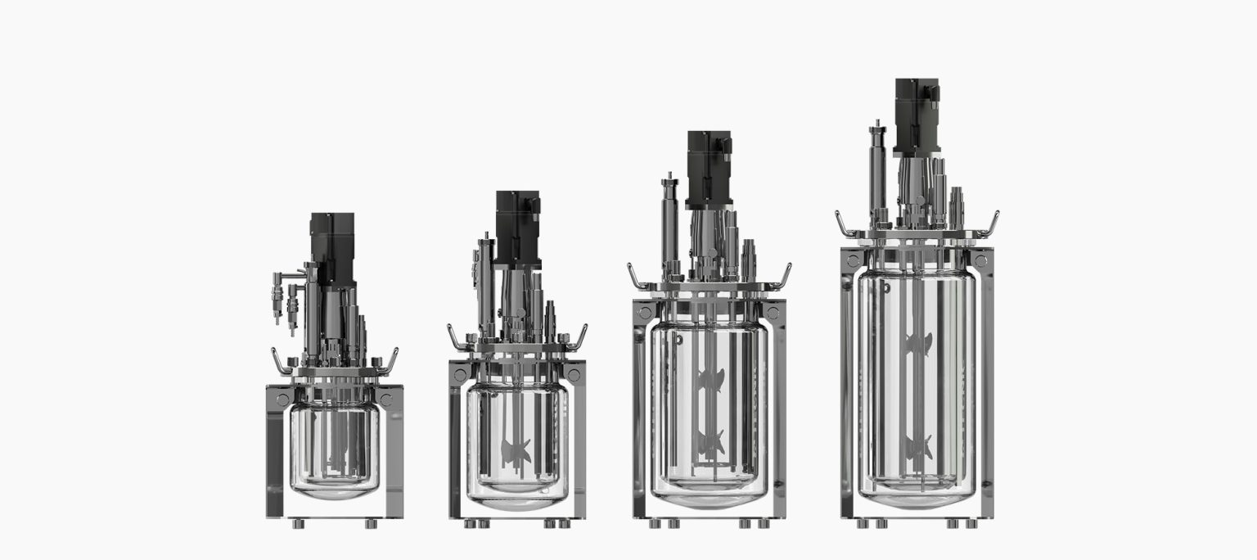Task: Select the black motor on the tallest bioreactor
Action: point(916,115)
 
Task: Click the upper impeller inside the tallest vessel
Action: point(918,344)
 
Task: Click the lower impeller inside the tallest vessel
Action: point(918,447)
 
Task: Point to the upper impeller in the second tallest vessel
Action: point(710,380)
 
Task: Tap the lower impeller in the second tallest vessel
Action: point(710,442)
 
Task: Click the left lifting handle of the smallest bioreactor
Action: point(279,361)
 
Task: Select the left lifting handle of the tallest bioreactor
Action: point(843,224)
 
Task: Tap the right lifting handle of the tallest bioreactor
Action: point(992,223)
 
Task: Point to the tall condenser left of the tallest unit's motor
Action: point(878,172)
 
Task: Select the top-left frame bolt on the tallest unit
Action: point(854,260)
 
